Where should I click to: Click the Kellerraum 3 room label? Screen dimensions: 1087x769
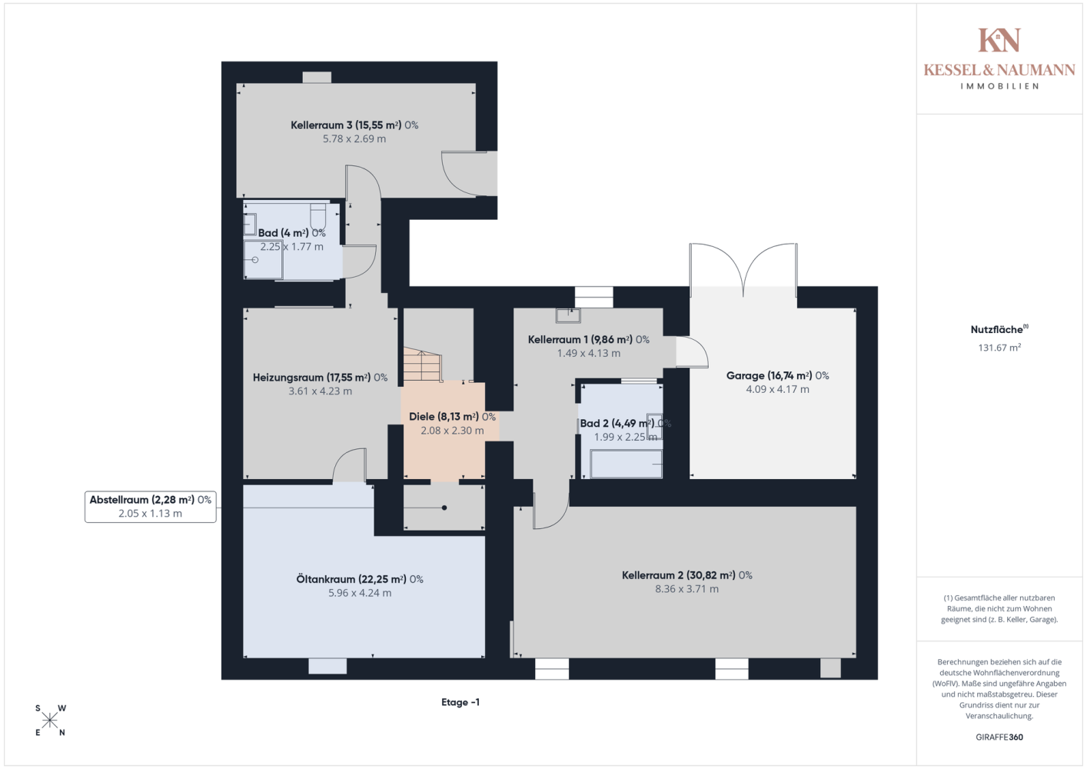coord(354,125)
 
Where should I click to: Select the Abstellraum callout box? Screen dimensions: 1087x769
coord(151,507)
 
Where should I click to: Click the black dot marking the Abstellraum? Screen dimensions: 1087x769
coord(444,508)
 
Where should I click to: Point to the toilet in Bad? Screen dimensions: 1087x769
coord(317,216)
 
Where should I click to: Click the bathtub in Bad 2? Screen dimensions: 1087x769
coord(626,464)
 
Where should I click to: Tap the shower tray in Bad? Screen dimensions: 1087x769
coord(263,260)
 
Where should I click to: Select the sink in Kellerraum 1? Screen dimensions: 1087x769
coord(568,315)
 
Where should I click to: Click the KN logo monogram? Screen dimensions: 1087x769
coord(999,40)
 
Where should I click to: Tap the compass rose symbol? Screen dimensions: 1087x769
coord(50,721)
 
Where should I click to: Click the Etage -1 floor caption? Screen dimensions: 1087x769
coord(460,702)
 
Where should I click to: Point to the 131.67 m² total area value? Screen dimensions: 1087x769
coord(999,347)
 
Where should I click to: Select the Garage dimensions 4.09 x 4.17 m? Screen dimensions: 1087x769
coord(777,389)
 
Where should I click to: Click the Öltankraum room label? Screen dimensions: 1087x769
coord(360,579)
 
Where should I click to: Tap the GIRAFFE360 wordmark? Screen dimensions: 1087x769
coord(999,737)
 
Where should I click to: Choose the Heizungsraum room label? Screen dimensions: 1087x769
coord(320,378)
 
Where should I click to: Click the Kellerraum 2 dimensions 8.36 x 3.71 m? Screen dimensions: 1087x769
coord(686,589)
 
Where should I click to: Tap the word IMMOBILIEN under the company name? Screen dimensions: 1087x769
coord(999,86)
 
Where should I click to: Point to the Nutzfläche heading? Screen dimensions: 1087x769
coord(999,329)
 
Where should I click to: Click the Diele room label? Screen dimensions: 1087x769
coord(452,417)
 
